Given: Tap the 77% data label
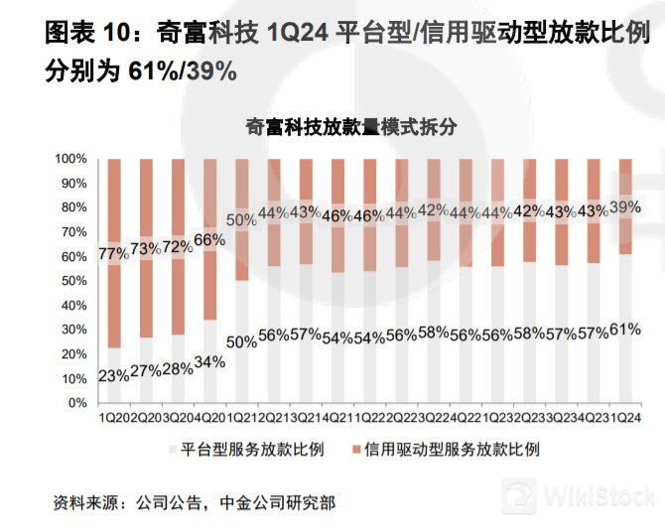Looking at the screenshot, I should click(x=114, y=253).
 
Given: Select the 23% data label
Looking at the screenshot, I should click(x=114, y=376).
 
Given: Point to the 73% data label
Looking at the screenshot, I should click(x=145, y=248).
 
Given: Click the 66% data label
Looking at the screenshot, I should click(x=208, y=240).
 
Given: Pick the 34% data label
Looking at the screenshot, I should click(x=208, y=362).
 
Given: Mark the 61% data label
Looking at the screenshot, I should click(x=624, y=330).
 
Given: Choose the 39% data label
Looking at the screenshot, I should click(x=624, y=206).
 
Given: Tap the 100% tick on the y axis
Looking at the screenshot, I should click(x=71, y=159).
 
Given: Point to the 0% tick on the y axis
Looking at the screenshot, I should click(x=78, y=403).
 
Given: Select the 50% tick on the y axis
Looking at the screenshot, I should click(x=74, y=281).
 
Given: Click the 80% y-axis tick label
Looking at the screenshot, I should click(x=74, y=207).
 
